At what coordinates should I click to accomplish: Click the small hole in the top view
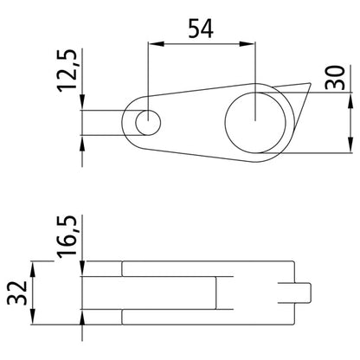[148, 123]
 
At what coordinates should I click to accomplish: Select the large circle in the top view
[254, 121]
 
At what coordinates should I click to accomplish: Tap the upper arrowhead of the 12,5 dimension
[81, 105]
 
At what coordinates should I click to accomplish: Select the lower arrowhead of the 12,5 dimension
[81, 141]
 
